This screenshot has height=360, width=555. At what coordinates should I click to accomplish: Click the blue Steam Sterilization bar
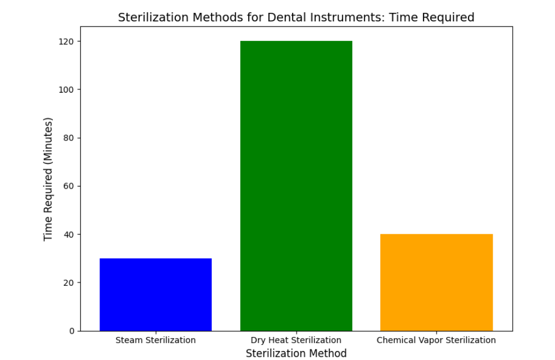[156, 294]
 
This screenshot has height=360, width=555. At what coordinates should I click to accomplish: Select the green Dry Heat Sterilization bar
[296, 185]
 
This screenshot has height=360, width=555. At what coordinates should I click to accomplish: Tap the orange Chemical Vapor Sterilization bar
[436, 282]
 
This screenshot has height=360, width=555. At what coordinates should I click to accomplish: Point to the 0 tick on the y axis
[71, 331]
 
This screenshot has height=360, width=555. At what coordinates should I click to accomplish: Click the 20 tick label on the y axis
[69, 282]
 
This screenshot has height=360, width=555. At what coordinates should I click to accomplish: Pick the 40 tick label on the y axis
[69, 234]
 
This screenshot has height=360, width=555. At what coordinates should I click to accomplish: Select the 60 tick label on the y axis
[69, 186]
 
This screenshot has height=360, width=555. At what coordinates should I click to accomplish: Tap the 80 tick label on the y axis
[69, 138]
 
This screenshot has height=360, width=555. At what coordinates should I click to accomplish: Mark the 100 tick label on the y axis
[66, 89]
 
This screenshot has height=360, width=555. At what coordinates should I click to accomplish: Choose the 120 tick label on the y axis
[66, 42]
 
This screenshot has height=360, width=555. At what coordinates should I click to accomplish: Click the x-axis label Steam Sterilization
[156, 340]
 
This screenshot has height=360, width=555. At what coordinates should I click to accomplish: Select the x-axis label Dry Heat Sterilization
[296, 340]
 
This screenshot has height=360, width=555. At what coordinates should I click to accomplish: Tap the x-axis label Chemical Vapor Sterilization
[436, 340]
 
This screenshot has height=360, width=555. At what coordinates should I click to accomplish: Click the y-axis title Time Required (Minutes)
[48, 179]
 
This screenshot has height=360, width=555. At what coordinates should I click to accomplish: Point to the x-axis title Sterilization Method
[296, 353]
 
